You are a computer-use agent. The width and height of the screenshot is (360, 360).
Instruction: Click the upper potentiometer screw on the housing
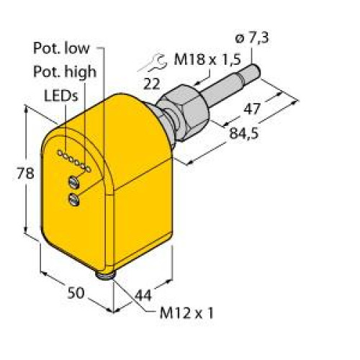73,181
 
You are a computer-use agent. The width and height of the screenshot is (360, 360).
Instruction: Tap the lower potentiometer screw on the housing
73,199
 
